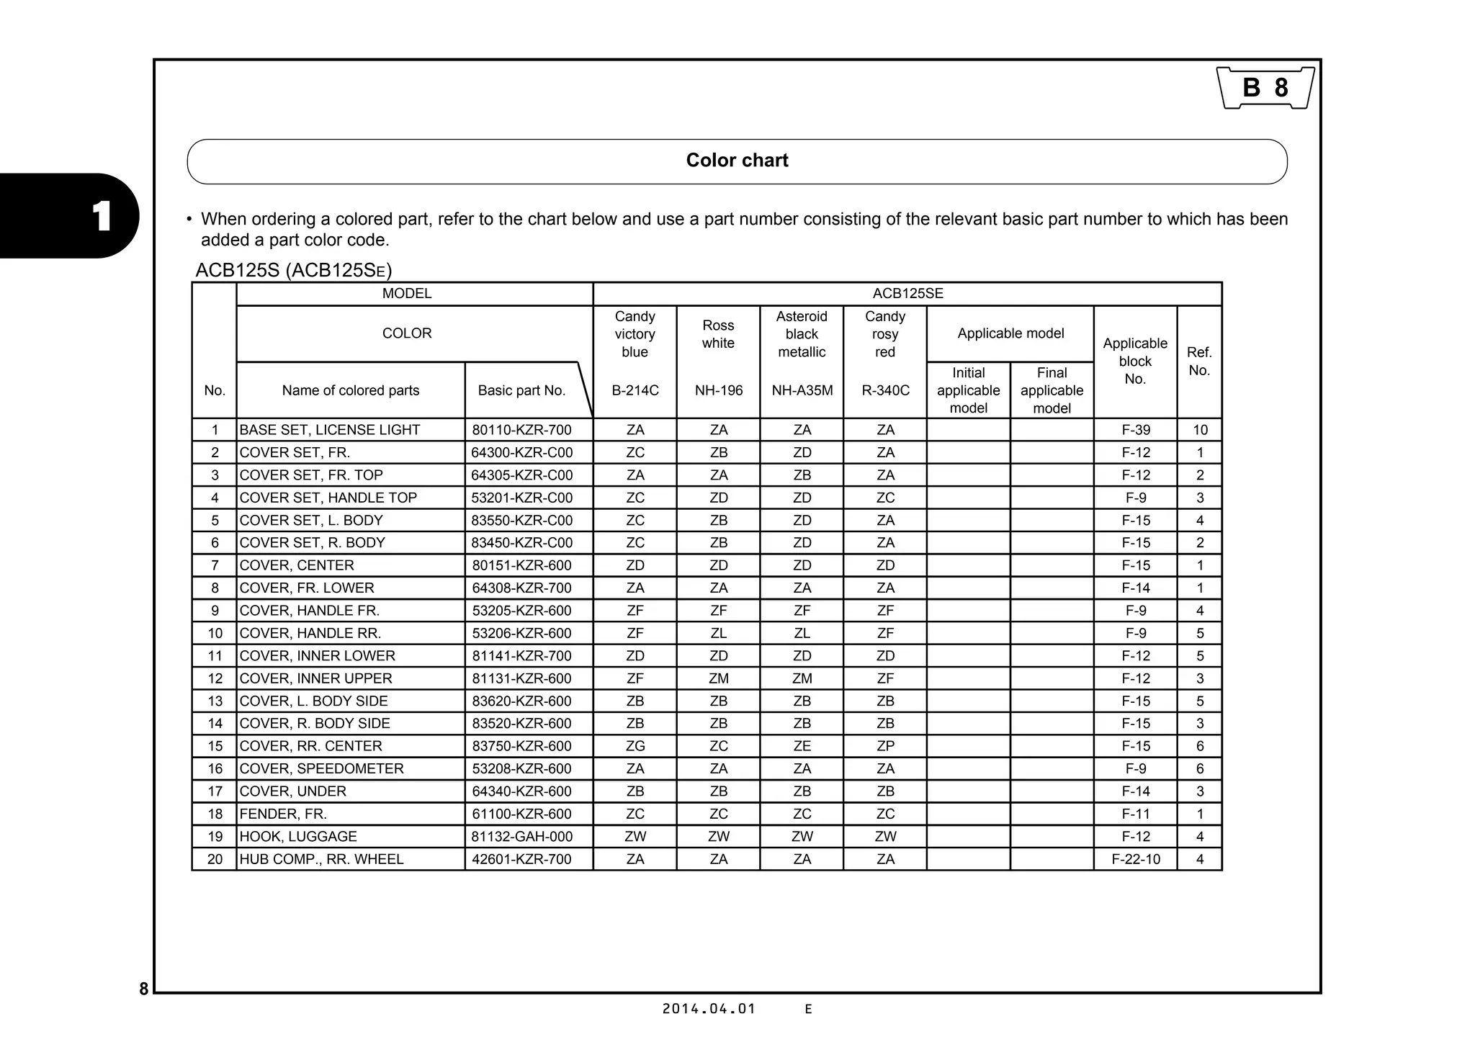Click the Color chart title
[x=737, y=161]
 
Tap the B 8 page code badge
[x=1265, y=88]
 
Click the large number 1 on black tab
[x=101, y=216]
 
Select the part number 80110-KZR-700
[x=521, y=430]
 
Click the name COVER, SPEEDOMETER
[x=321, y=768]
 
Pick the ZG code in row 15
[x=635, y=746]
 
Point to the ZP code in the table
[x=885, y=746]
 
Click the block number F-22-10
[x=1135, y=859]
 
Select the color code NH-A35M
[x=802, y=390]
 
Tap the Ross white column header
[x=718, y=334]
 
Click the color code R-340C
[x=885, y=390]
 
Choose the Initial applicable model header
[x=968, y=390]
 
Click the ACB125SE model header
[x=907, y=294]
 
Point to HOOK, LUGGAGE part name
[x=298, y=836]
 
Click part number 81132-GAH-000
[x=521, y=836]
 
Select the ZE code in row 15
[x=802, y=746]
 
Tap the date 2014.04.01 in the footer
[x=709, y=1009]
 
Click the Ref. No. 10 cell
[x=1199, y=430]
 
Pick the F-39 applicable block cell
[x=1135, y=430]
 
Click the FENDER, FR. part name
[x=283, y=814]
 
